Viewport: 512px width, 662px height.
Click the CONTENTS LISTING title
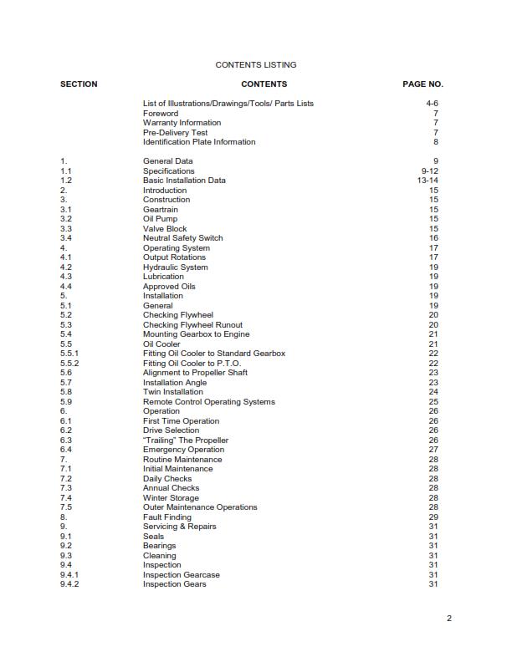[255, 64]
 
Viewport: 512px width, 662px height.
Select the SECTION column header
[79, 84]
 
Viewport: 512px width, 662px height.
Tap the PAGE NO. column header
[422, 84]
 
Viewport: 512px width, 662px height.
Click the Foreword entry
[161, 113]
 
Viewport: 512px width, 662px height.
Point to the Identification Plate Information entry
[199, 142]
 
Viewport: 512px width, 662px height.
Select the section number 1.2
[66, 181]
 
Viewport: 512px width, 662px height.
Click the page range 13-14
[428, 181]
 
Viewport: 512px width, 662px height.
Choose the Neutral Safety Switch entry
[182, 238]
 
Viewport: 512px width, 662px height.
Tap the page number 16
[433, 238]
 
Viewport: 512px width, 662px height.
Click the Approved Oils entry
[169, 287]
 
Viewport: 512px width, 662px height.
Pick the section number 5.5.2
[69, 364]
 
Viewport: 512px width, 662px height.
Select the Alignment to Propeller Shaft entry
[195, 373]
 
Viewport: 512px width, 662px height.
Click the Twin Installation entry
[172, 392]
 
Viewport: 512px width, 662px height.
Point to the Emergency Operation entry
[183, 450]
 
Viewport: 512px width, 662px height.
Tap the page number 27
[433, 450]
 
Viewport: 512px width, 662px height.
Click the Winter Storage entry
[171, 498]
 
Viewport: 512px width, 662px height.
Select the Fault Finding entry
[167, 517]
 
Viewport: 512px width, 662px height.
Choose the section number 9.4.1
[69, 575]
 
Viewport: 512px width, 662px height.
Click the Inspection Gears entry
[174, 584]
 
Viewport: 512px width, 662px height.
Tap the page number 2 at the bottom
[449, 619]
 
